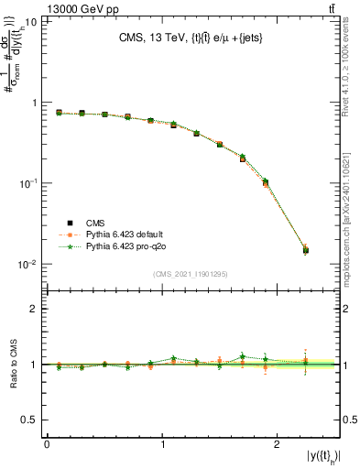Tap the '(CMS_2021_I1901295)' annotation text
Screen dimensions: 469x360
coord(191,274)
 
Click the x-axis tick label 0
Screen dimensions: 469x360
coord(47,443)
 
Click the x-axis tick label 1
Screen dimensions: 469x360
coord(161,443)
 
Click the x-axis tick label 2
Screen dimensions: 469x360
coord(277,443)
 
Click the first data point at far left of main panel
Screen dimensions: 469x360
coord(59,113)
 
